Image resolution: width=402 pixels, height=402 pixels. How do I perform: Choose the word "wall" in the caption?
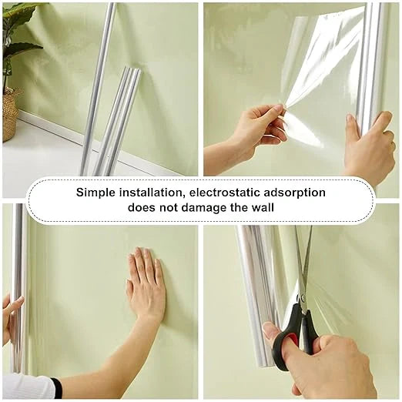pyautogui.click(x=263, y=207)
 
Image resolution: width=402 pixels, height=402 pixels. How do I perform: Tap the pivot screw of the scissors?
pyautogui.click(x=303, y=298)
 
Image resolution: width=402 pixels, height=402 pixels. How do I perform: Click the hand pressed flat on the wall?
pyautogui.click(x=146, y=283)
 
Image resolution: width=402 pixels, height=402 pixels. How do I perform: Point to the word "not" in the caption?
pyautogui.click(x=169, y=207)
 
